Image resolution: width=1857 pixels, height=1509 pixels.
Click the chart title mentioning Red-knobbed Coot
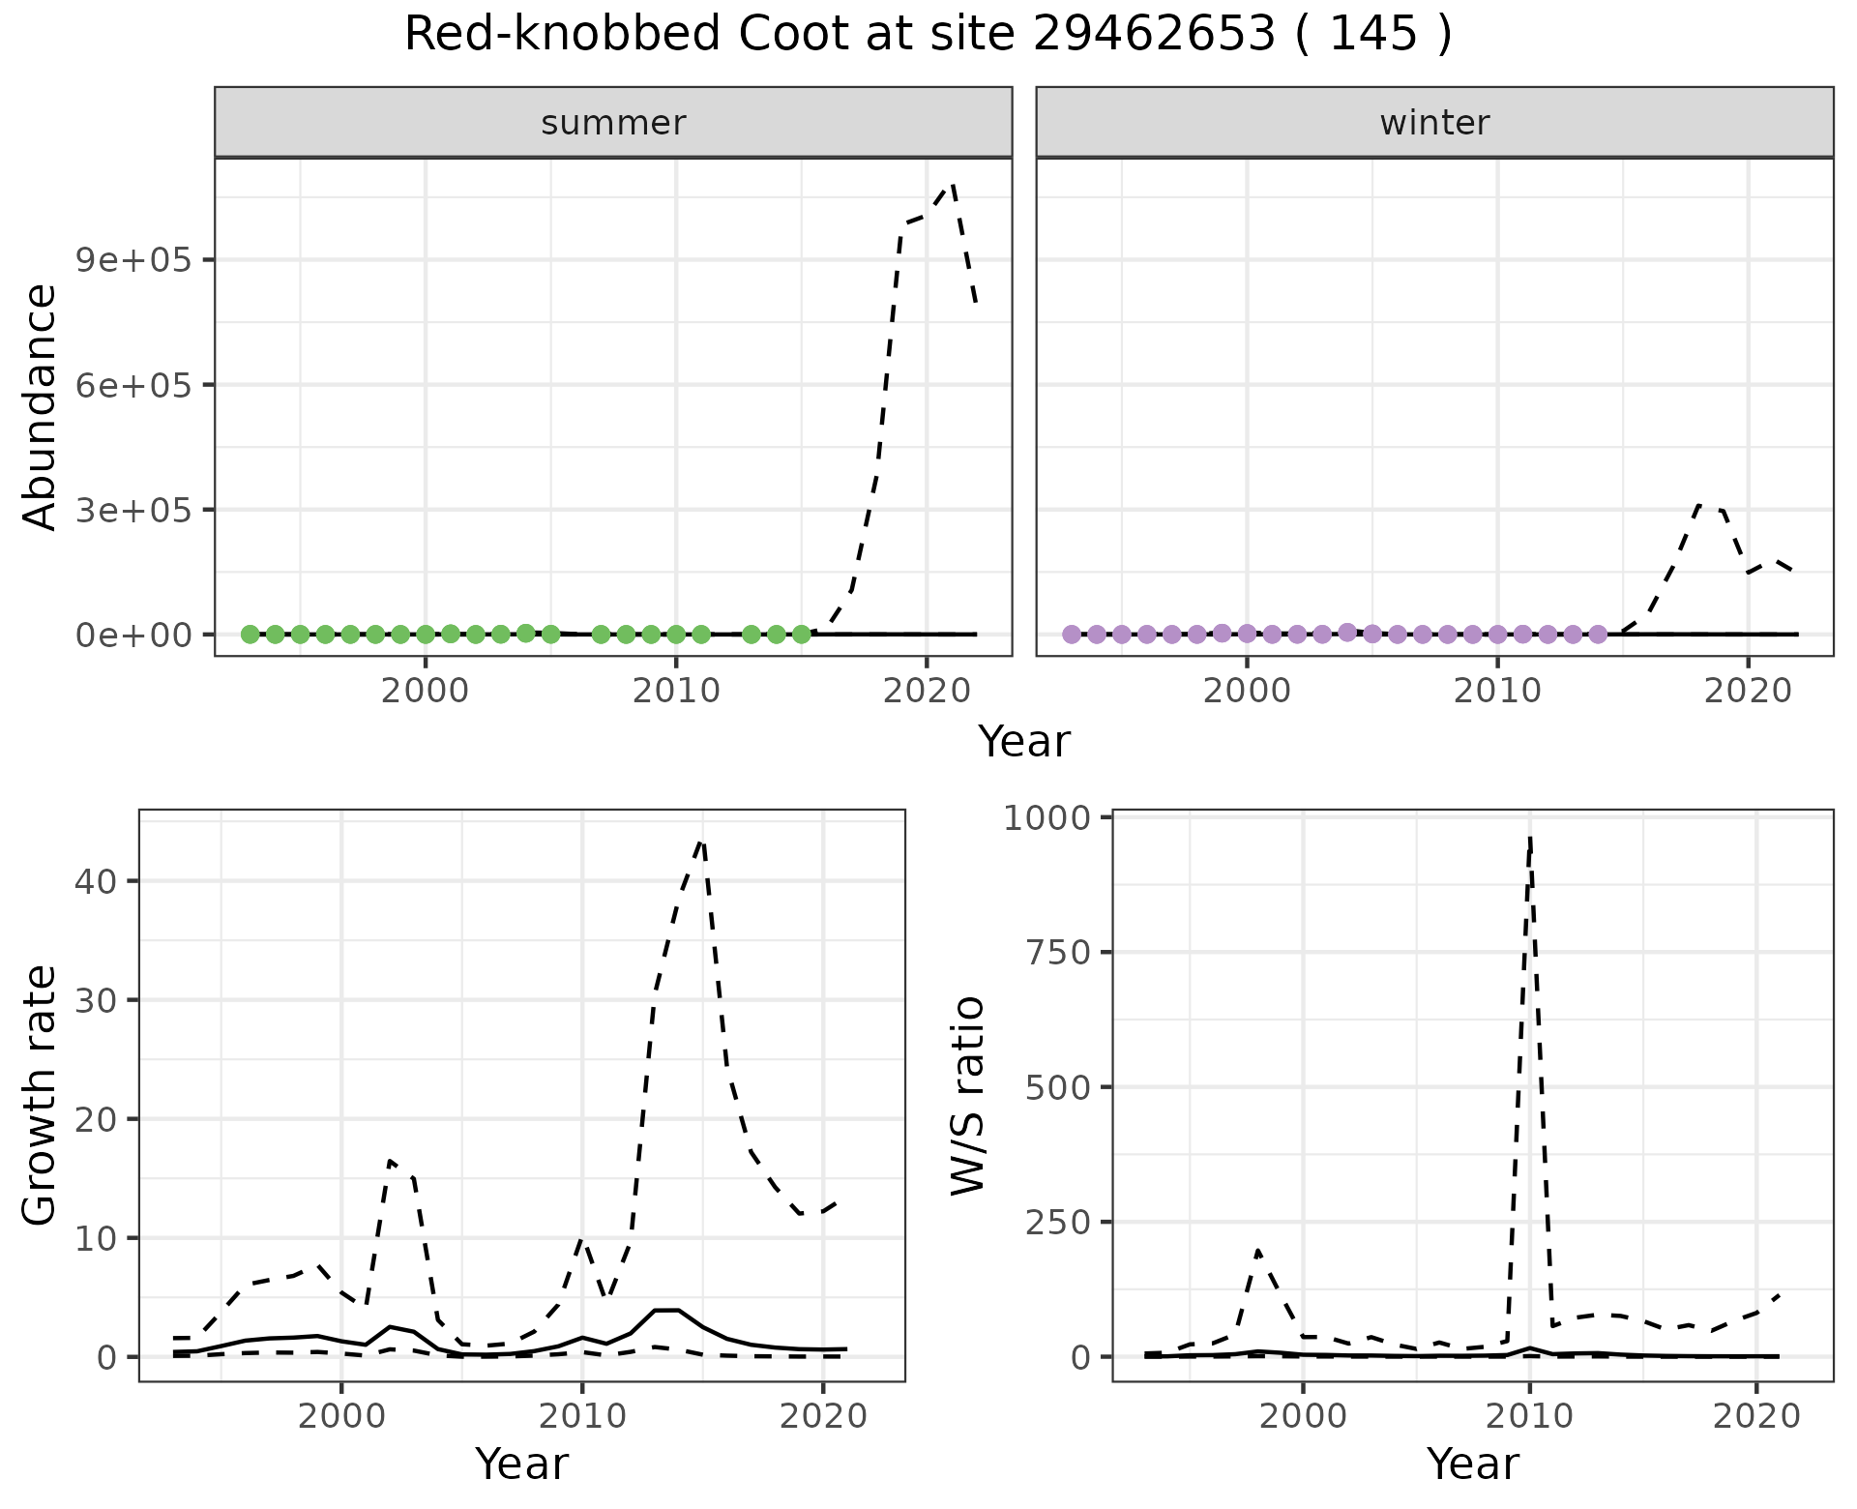pos(928,35)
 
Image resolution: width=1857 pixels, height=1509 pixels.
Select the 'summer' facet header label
pos(613,123)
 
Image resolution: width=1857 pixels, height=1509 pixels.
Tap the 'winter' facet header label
pos(1434,123)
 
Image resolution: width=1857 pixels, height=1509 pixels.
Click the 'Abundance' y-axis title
pos(41,406)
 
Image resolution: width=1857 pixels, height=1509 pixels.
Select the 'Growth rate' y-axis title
pos(41,1095)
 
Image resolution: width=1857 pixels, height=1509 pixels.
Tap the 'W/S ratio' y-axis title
pos(967,1095)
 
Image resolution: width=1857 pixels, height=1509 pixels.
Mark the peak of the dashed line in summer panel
pos(953,184)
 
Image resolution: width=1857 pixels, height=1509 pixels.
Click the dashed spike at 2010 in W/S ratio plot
pos(1529,840)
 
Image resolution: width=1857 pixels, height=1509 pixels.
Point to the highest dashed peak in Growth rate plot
pos(701,843)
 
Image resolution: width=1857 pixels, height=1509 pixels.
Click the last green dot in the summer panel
pos(801,635)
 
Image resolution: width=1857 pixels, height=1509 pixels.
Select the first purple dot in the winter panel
pos(1072,635)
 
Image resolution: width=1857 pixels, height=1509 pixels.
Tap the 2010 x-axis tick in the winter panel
pos(1497,692)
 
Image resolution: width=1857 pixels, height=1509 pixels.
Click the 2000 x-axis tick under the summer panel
pos(425,692)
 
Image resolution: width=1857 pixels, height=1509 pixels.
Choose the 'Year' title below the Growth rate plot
pos(521,1465)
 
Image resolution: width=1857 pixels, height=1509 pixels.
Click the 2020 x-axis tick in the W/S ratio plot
pos(1755,1417)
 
